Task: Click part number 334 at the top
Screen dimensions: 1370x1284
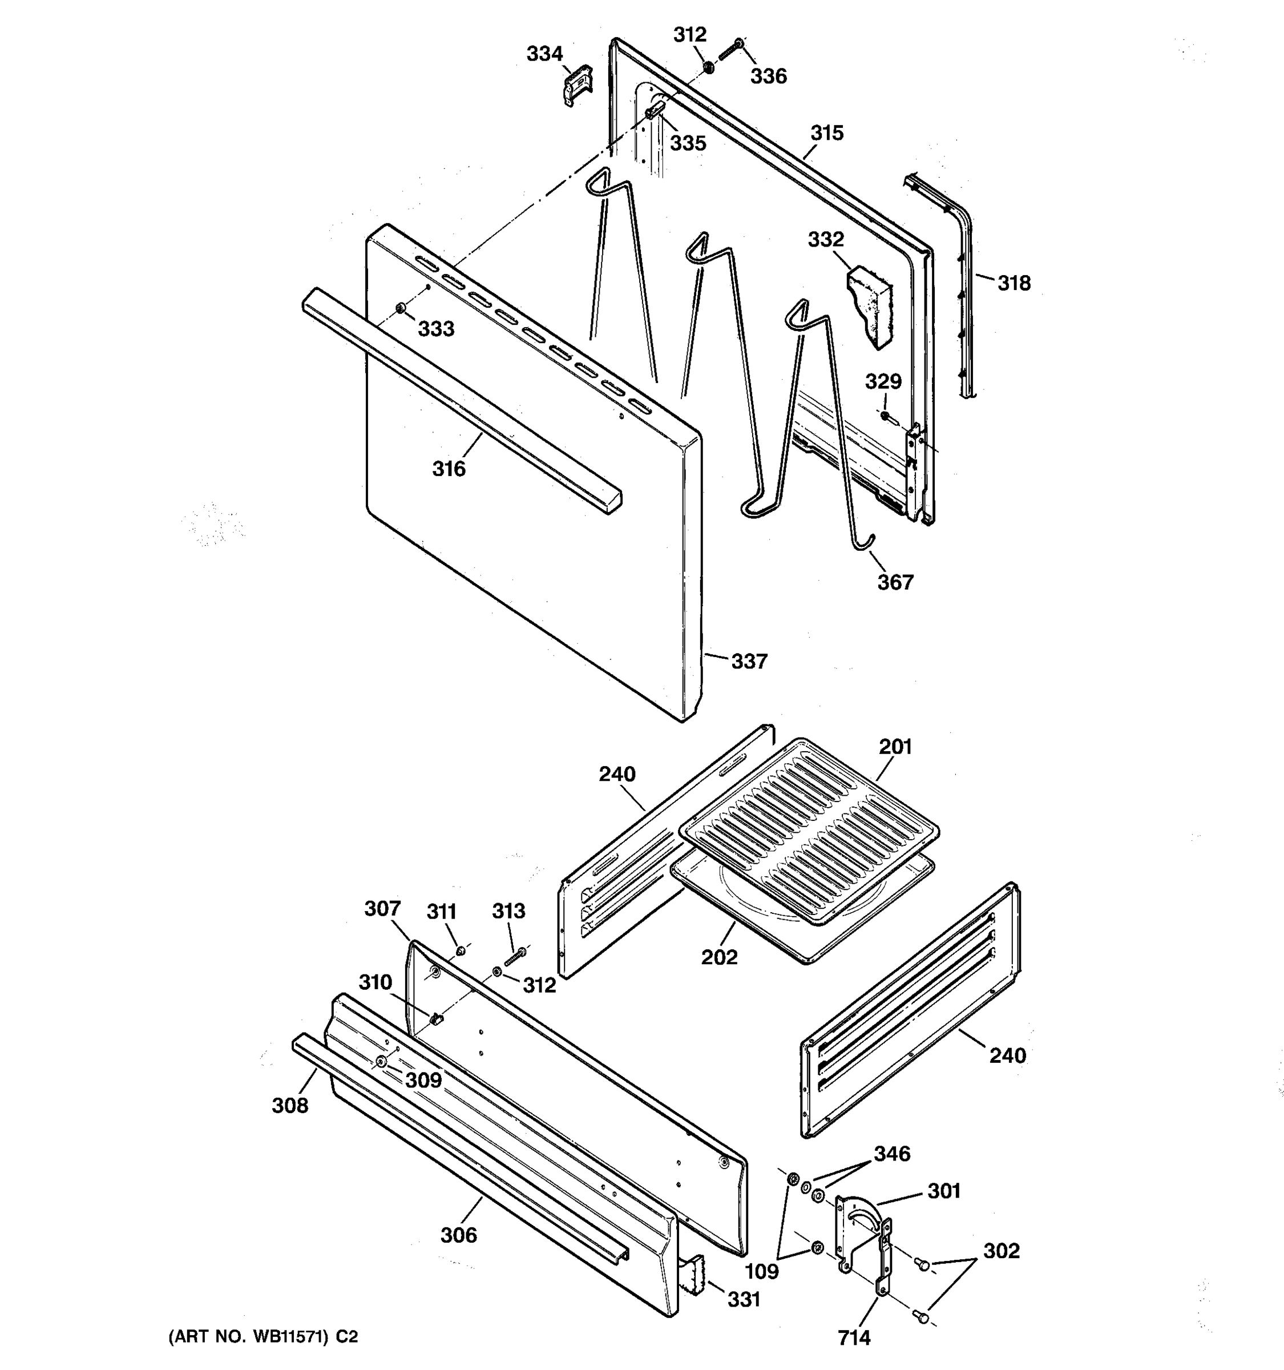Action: coord(544,54)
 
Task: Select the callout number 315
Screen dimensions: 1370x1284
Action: coord(826,133)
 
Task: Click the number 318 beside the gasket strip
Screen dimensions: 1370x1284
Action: coord(1014,283)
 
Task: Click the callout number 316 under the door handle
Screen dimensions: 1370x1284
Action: coord(449,469)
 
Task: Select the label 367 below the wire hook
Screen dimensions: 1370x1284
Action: coord(895,583)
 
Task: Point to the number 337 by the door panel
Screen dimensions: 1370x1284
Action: coord(749,662)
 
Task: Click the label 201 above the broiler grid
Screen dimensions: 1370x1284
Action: coord(895,747)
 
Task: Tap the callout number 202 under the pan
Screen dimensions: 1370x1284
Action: coord(719,957)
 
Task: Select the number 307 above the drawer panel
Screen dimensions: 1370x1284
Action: coord(382,909)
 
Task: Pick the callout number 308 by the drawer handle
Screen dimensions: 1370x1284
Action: coord(289,1105)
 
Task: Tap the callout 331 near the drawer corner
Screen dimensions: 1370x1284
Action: coord(744,1300)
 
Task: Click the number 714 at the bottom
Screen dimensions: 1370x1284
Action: coord(854,1338)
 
